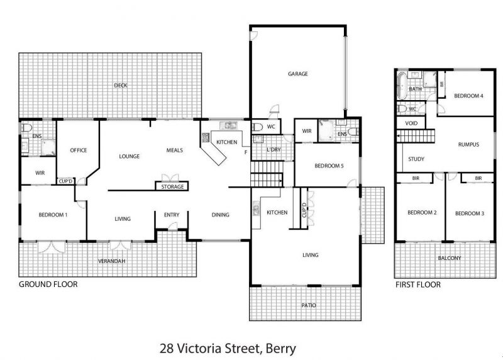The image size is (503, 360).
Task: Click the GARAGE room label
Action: click(297, 74)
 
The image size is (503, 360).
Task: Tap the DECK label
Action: click(121, 86)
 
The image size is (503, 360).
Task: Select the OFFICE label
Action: click(79, 150)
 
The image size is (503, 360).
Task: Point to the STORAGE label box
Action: click(172, 186)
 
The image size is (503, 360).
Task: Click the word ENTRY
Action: click(172, 215)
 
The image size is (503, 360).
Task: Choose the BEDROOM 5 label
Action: click(329, 166)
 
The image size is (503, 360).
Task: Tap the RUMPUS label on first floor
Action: click(468, 145)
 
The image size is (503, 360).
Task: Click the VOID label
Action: click(411, 123)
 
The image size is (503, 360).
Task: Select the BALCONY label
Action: click(450, 258)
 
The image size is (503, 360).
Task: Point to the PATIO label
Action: click(309, 305)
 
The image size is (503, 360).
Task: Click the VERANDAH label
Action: click(112, 261)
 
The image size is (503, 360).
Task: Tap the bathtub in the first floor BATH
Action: click(402, 86)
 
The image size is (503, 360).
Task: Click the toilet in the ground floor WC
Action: click(257, 128)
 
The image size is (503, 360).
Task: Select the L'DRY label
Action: click(274, 150)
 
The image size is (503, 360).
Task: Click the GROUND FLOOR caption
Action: click(48, 284)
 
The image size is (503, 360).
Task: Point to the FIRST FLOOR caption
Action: click(418, 284)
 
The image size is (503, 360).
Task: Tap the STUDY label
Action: click(416, 159)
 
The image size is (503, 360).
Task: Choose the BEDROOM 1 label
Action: click(53, 215)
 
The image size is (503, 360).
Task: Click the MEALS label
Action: click(175, 150)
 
